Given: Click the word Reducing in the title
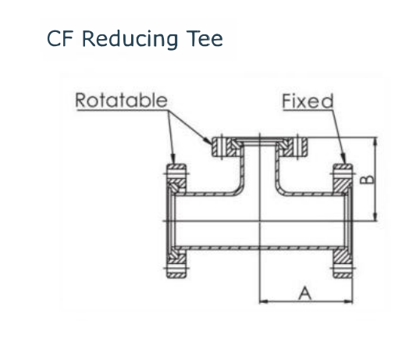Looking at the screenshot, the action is [x=130, y=39].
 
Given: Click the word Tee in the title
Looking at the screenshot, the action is [x=204, y=38].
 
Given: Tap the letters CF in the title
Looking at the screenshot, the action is [x=60, y=38].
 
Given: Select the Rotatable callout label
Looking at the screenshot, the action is [x=121, y=100].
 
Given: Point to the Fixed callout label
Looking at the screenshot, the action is [x=308, y=101].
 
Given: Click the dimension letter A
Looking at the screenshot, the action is [x=304, y=294].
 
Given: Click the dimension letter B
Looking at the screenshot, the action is [x=367, y=180].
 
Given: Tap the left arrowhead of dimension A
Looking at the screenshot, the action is [x=264, y=301].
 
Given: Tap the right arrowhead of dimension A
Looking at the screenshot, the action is [x=348, y=301].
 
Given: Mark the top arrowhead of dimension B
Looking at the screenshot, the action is [x=375, y=142].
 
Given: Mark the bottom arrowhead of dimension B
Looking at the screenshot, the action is [x=375, y=216].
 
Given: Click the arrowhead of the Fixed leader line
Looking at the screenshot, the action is [x=343, y=159].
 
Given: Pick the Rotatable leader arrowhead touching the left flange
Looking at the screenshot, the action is [x=172, y=159].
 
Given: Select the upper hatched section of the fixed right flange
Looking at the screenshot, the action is [x=343, y=180].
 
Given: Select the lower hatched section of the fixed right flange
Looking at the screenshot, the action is [x=343, y=262].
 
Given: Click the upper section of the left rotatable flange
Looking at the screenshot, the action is [x=176, y=180].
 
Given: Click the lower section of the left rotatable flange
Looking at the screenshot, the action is [x=176, y=262].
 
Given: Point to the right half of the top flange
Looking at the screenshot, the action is [x=292, y=147].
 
